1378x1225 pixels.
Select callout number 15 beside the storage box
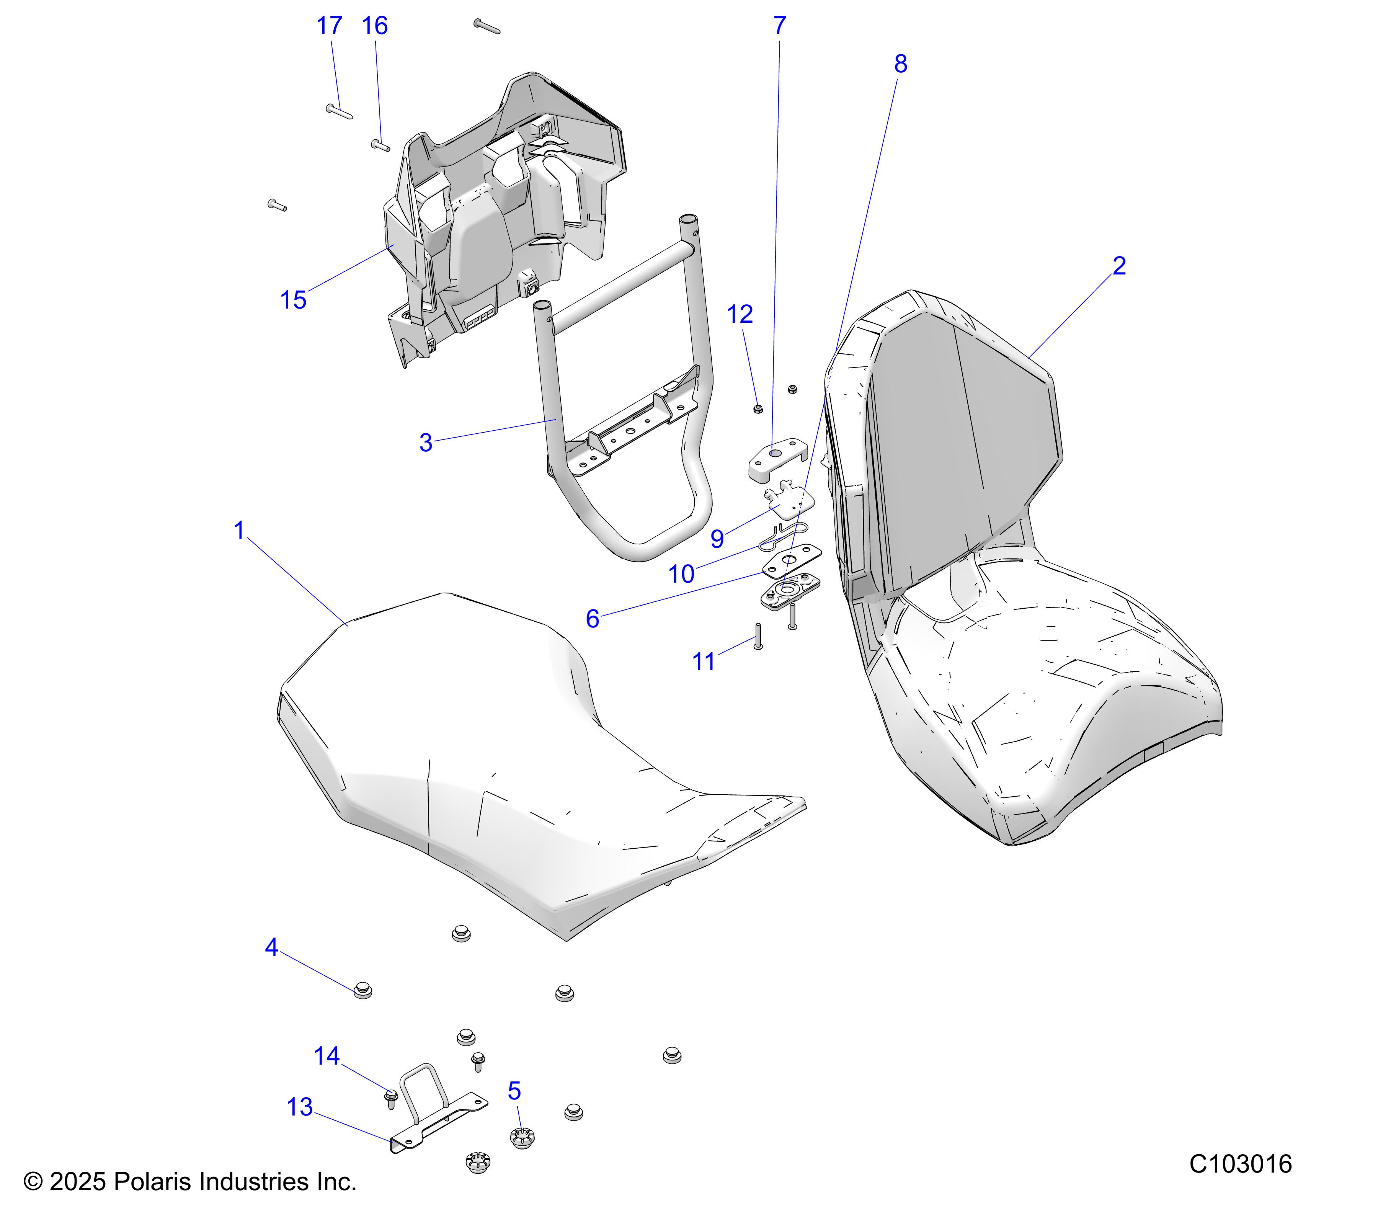(x=293, y=300)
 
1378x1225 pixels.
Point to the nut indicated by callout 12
(x=758, y=408)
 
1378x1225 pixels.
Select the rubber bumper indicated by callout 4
(x=363, y=990)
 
